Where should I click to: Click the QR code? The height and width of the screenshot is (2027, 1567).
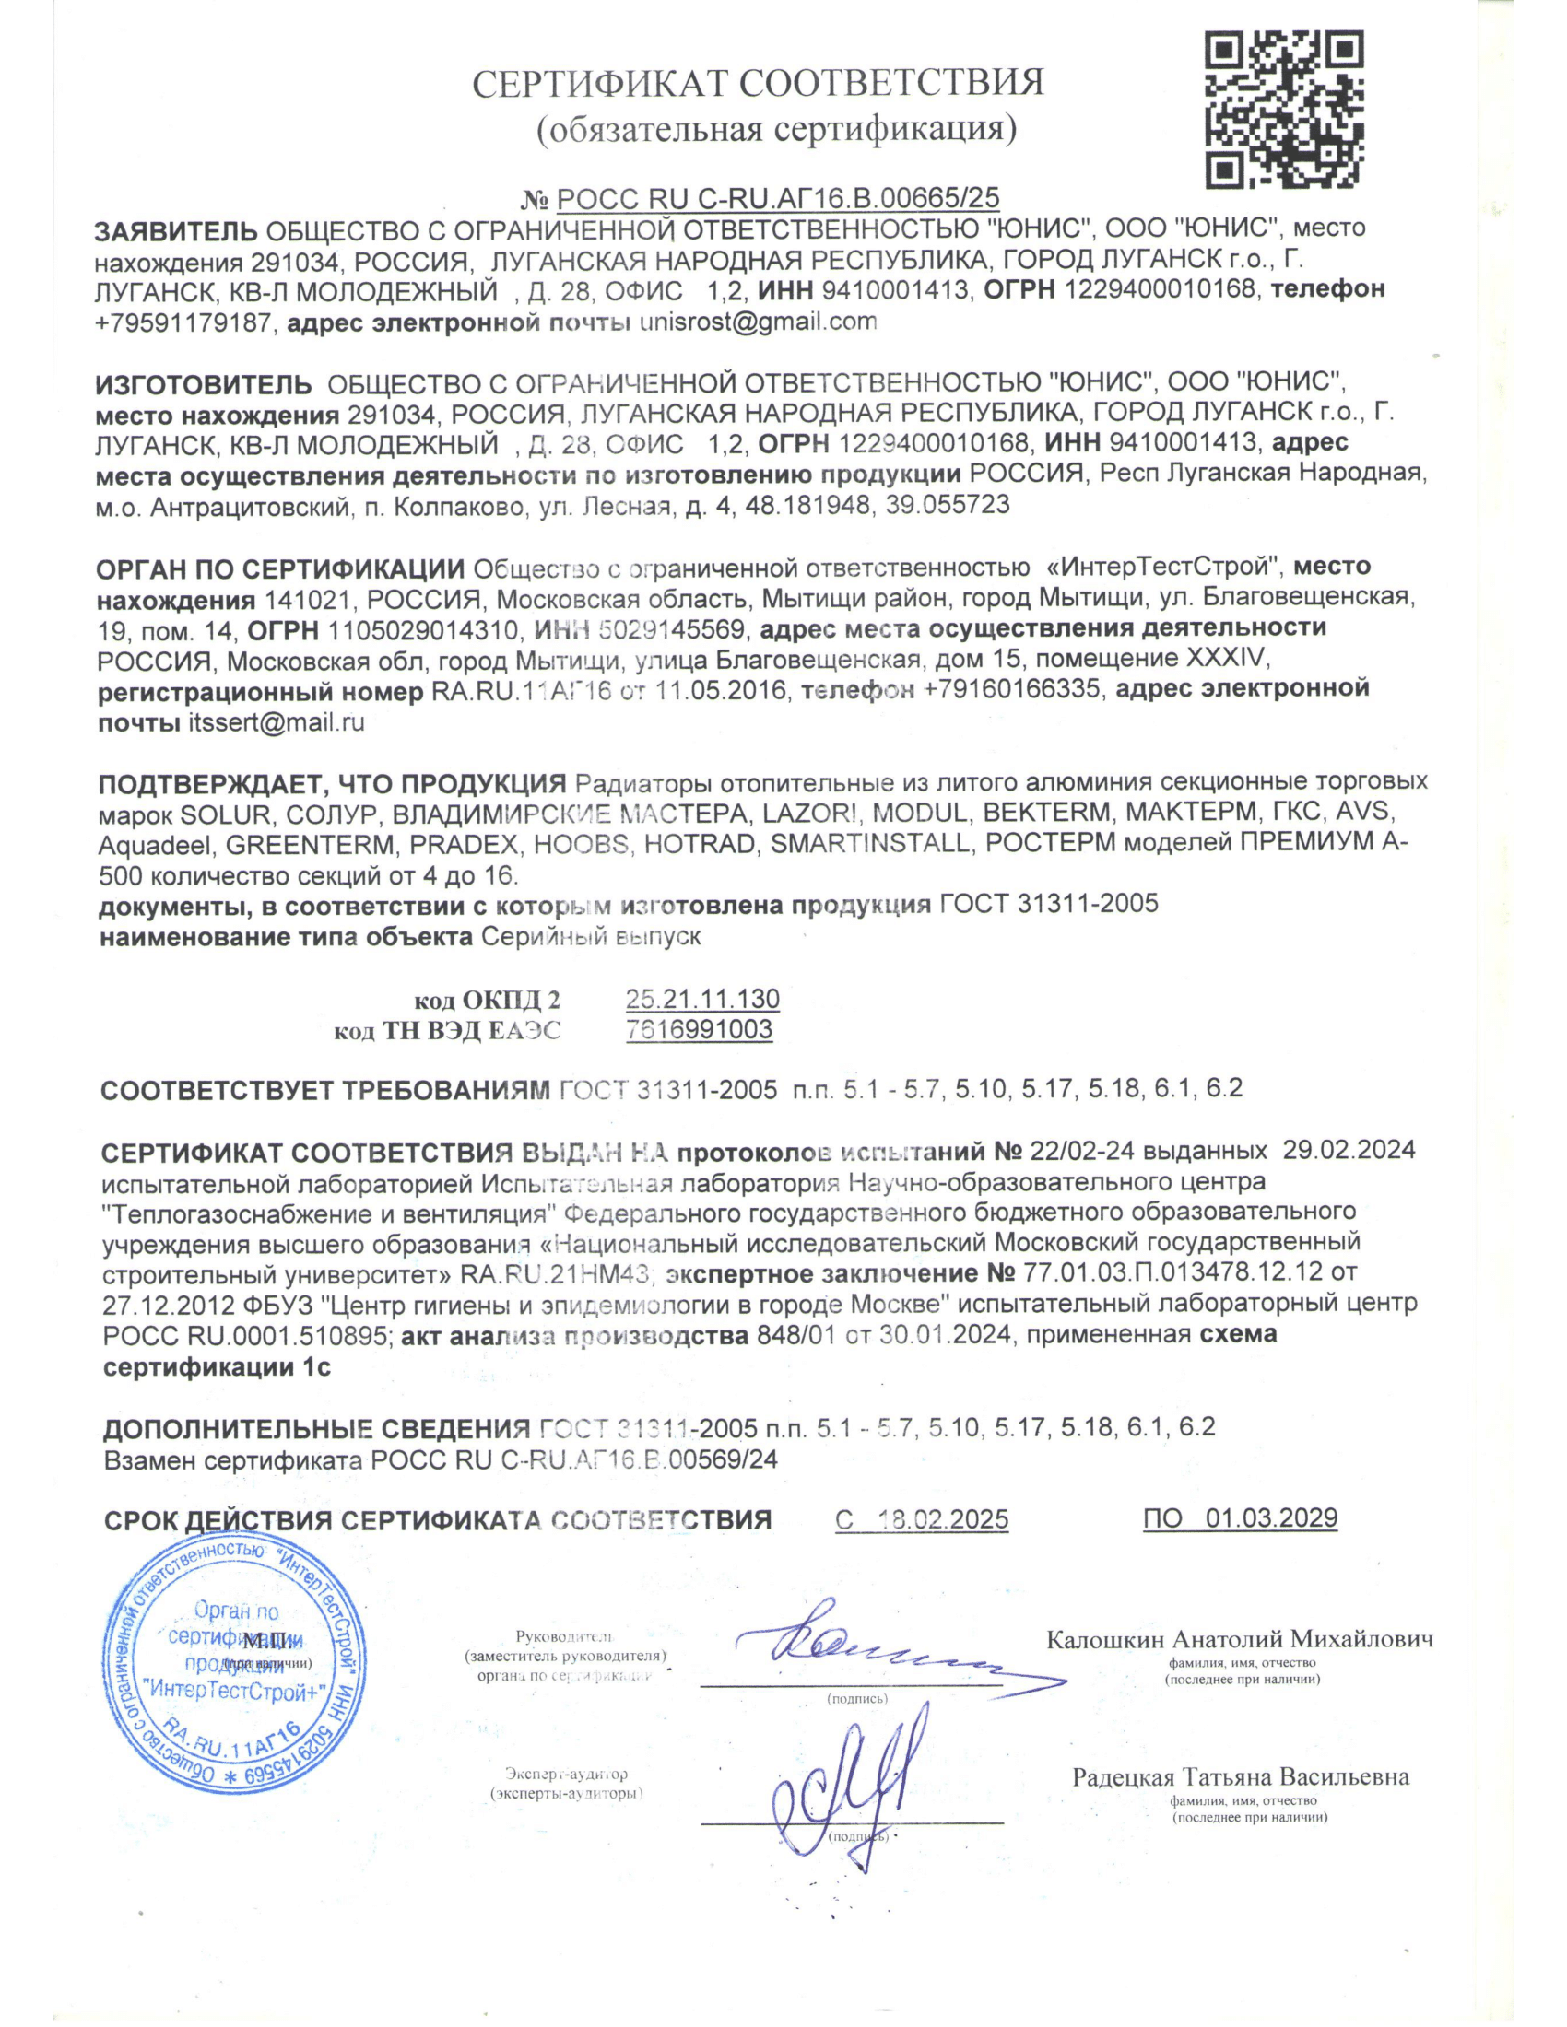point(1284,110)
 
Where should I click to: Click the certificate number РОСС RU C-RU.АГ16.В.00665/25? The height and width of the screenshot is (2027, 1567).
point(777,198)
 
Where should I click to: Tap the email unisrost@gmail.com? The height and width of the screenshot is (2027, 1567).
point(758,322)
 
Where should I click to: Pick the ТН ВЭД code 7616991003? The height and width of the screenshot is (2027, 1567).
point(699,1029)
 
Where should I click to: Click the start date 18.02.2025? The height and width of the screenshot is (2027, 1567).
point(942,1519)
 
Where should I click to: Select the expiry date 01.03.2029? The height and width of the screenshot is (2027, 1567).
point(1271,1518)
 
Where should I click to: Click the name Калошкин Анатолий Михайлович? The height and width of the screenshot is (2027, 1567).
point(1239,1639)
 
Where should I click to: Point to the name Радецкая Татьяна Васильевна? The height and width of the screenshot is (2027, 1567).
point(1240,1777)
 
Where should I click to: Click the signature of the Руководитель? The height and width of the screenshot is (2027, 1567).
point(864,1647)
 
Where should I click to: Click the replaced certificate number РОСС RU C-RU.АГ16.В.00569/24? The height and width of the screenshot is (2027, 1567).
point(573,1460)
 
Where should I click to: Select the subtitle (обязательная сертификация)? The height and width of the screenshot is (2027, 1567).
point(777,129)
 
